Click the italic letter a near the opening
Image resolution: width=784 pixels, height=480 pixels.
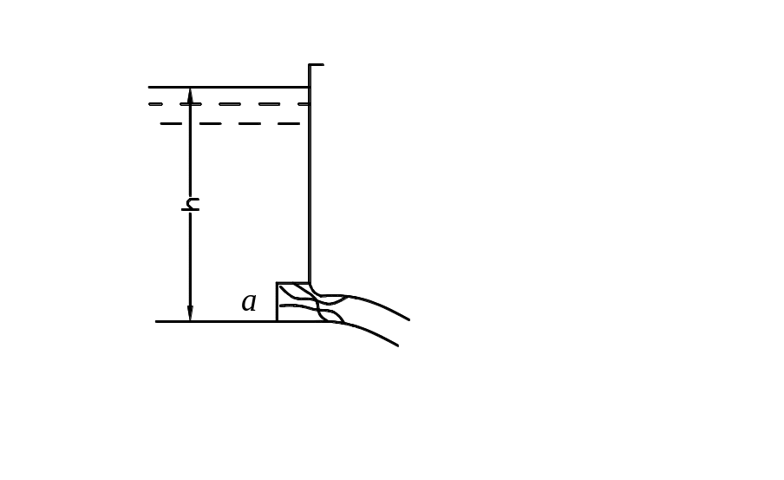249,302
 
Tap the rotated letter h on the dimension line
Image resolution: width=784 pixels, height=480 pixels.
191,204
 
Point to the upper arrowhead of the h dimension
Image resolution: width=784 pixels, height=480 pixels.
190,96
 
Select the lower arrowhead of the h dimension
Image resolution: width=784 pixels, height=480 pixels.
190,312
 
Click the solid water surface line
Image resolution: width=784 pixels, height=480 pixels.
229,87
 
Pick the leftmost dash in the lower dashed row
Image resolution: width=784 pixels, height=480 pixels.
171,123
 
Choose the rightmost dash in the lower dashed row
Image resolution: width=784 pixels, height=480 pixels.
289,123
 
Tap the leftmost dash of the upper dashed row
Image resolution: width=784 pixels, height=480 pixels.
155,104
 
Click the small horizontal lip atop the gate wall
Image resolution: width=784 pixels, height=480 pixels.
317,64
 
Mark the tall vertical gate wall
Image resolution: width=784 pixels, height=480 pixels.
310,174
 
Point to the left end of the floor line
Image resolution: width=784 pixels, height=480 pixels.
156,321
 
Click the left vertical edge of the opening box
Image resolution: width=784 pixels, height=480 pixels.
277,302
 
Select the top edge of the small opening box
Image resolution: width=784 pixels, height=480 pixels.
293,283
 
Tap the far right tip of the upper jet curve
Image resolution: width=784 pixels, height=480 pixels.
409,319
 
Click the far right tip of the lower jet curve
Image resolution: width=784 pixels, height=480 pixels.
398,345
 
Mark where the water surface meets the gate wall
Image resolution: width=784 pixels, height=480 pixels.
310,87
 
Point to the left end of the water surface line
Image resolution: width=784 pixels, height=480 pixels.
149,87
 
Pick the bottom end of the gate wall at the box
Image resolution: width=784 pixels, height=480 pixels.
310,283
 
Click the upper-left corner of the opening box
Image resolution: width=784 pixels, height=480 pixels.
277,283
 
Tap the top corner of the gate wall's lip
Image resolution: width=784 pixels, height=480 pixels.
310,64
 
